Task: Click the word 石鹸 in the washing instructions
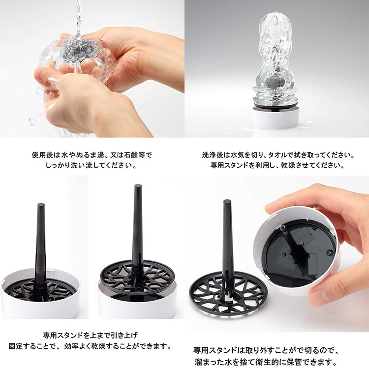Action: (128, 155)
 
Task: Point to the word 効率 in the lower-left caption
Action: (71, 346)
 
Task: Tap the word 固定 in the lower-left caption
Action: (16, 346)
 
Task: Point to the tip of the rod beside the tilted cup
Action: (227, 202)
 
